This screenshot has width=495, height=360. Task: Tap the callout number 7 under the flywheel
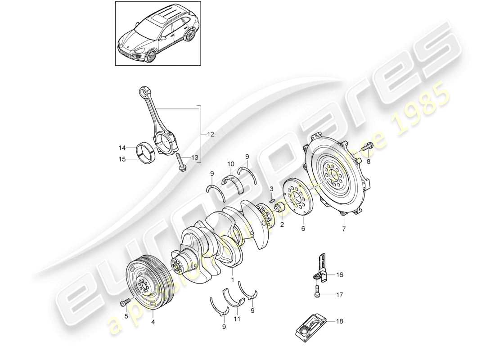(343, 229)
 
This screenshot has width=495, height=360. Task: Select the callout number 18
(339, 321)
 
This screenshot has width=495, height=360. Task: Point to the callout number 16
(339, 274)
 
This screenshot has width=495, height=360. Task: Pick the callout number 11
(237, 319)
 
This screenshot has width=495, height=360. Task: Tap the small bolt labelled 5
(124, 304)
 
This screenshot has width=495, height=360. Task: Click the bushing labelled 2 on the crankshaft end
(279, 209)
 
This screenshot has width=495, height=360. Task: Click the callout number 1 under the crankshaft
(233, 279)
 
